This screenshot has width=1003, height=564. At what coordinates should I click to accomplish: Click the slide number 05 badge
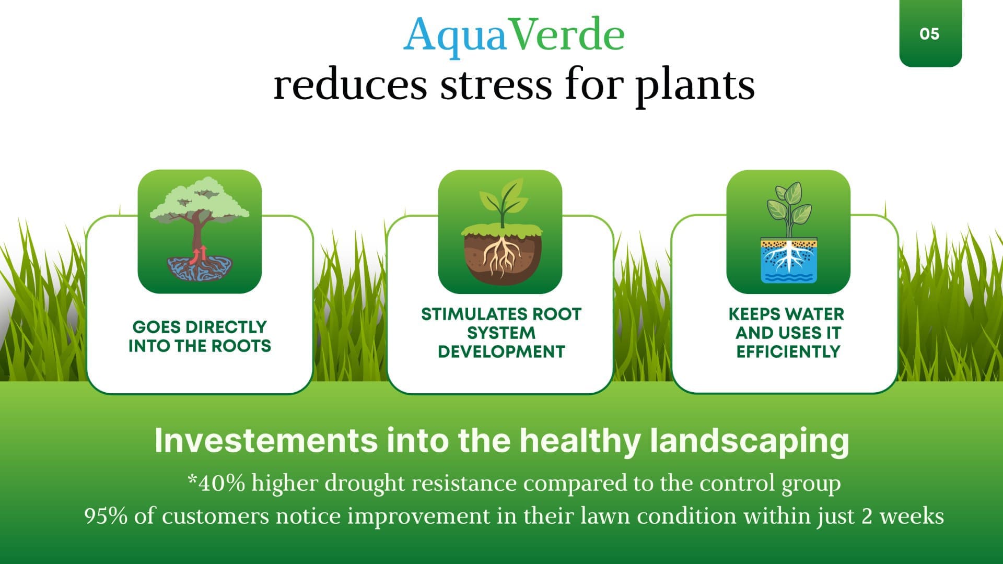(x=930, y=33)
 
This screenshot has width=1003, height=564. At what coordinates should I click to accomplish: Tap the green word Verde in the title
(x=566, y=34)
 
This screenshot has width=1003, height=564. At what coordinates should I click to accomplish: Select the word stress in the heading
(x=496, y=85)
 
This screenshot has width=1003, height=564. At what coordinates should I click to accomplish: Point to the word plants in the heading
(x=695, y=86)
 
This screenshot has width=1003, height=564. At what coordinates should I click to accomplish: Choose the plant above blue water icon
(x=788, y=231)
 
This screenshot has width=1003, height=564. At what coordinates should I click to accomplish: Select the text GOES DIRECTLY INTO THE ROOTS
(x=200, y=336)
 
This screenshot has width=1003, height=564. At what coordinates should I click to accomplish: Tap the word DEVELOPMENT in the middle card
(x=501, y=351)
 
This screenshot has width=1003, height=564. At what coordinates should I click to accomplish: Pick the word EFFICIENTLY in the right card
(x=788, y=351)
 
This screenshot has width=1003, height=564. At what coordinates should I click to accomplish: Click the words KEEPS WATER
(x=786, y=314)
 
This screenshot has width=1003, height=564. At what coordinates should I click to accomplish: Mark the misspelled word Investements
(x=266, y=440)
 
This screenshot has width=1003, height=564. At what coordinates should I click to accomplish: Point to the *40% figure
(x=216, y=483)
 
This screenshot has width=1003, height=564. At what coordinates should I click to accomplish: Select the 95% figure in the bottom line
(x=106, y=516)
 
